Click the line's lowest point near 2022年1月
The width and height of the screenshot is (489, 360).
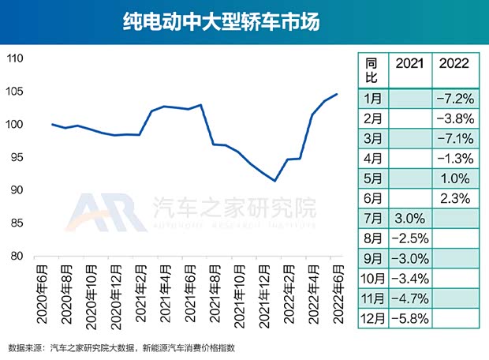point(274,181)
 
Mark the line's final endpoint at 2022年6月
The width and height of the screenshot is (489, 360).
point(338,94)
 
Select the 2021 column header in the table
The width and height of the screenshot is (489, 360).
point(409,63)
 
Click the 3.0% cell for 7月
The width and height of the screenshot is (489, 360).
point(409,216)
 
